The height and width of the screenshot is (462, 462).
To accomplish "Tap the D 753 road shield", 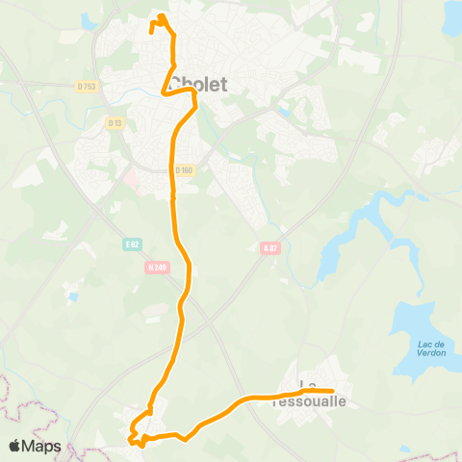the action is coord(86,87).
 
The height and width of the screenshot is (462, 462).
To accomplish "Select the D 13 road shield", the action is coord(115,122).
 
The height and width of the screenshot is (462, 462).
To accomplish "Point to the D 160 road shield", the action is coord(184,170).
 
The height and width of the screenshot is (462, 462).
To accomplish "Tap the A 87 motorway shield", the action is coord(270,248).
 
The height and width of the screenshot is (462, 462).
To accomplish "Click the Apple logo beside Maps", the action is coord(15,446).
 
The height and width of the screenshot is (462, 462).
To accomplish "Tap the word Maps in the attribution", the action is coord(42,446).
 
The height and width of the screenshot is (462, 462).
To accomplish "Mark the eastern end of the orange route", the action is coord(331,391).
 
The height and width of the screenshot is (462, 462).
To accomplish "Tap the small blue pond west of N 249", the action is coord(72,296).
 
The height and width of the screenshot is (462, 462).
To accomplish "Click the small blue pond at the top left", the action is coord(90,19).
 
